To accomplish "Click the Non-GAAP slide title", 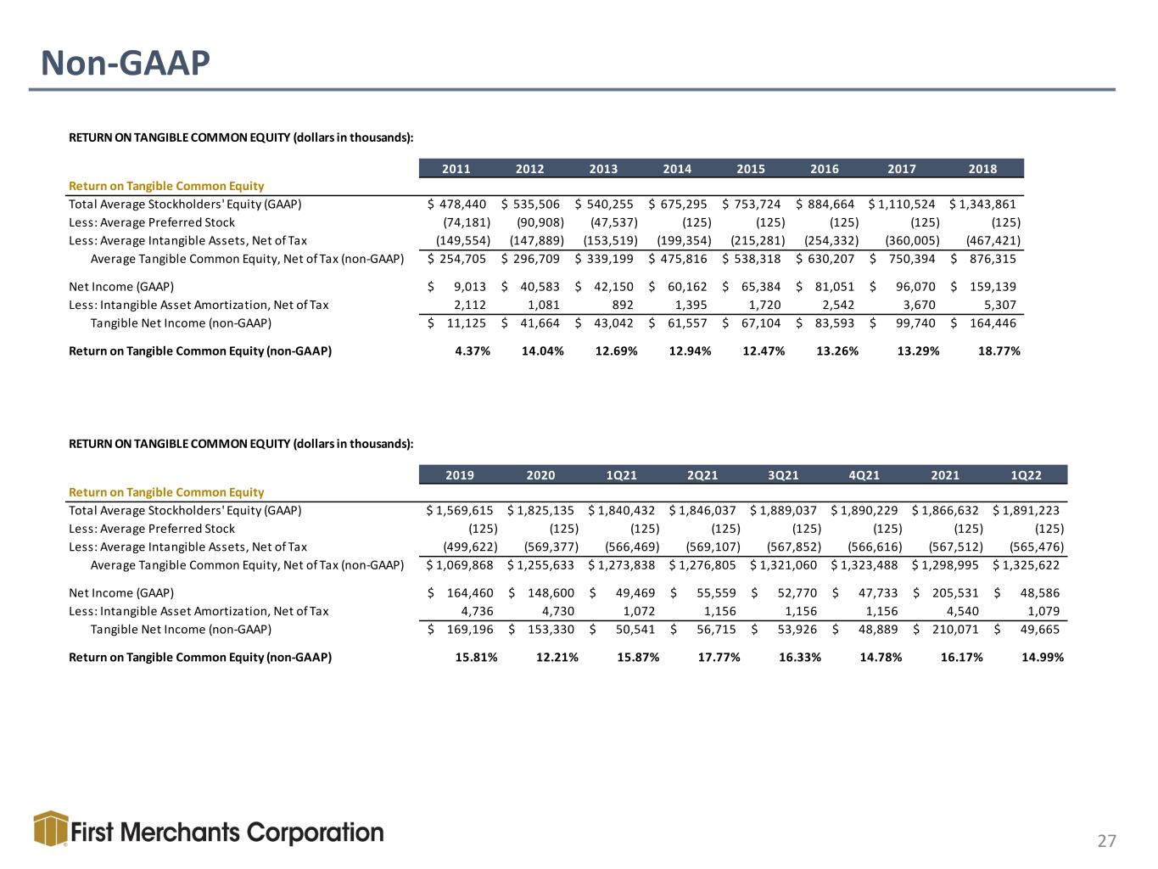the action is [125, 64].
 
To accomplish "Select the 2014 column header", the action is [677, 169].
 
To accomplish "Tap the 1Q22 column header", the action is [1027, 475].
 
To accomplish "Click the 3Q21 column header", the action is [783, 475].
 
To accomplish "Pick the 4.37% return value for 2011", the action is [473, 350].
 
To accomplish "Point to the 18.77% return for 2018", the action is [999, 350].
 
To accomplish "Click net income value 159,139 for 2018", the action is [993, 287].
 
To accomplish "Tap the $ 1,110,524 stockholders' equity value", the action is [902, 205].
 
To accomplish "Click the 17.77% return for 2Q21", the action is [719, 658].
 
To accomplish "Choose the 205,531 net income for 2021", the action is [955, 593].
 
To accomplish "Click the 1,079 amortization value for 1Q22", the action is [1043, 611].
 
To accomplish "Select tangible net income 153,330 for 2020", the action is [551, 630].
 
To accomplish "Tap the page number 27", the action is [1107, 841].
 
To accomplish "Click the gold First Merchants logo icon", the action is [51, 829].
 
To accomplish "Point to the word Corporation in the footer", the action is [315, 833].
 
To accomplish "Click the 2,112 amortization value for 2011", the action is [469, 305].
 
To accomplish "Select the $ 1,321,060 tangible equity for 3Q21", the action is [783, 565].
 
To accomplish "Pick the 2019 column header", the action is [460, 475].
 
